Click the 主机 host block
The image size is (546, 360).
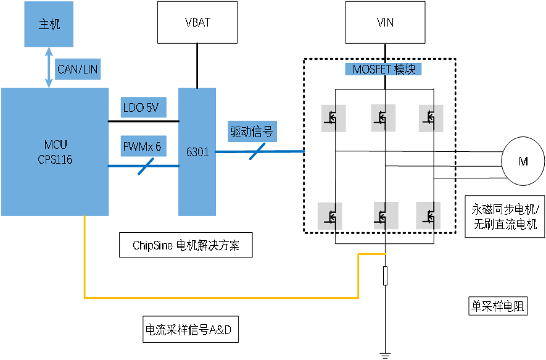click(49, 24)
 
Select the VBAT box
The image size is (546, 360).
click(197, 22)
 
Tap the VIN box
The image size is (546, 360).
click(385, 22)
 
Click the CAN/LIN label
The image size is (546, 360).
click(78, 69)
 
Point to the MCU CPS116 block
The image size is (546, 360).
click(55, 152)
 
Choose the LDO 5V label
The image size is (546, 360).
click(144, 107)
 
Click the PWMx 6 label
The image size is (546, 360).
click(144, 146)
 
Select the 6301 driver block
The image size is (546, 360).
click(197, 152)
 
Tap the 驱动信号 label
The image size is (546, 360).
click(252, 132)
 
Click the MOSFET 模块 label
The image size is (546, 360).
click(383, 69)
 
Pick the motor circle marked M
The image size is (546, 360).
click(523, 161)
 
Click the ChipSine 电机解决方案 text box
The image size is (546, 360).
click(186, 245)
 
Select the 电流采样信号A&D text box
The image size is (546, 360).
click(191, 329)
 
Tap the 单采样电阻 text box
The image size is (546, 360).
click(498, 306)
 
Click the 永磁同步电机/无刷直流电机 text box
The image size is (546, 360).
click(505, 216)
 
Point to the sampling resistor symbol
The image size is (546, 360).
click(385, 275)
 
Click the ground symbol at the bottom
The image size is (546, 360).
click(385, 356)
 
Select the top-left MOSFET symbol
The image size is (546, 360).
click(333, 119)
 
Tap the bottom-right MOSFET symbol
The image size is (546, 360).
click(428, 216)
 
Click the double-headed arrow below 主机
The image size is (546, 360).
click(49, 67)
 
